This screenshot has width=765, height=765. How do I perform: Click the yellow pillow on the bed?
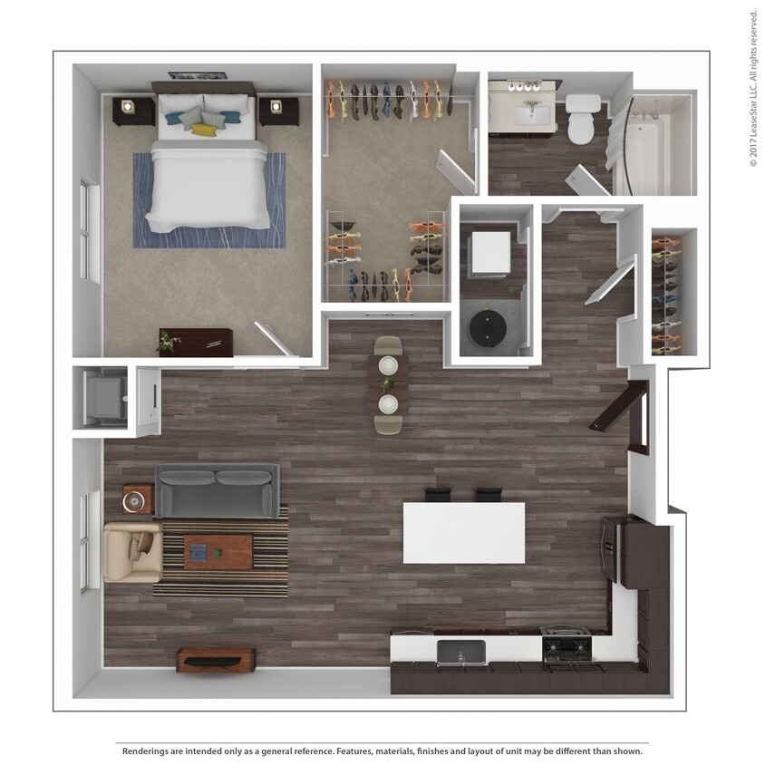(x=205, y=131)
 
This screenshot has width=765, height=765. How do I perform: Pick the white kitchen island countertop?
(x=463, y=533)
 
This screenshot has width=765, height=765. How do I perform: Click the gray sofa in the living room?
(x=217, y=490)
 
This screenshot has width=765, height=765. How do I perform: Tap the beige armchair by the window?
(x=131, y=551)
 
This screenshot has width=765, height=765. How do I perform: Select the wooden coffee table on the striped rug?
(x=218, y=551)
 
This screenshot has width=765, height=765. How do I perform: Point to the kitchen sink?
(x=460, y=652)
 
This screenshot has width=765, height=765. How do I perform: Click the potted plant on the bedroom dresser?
(x=167, y=342)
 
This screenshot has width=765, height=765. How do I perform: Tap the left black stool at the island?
(x=437, y=495)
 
